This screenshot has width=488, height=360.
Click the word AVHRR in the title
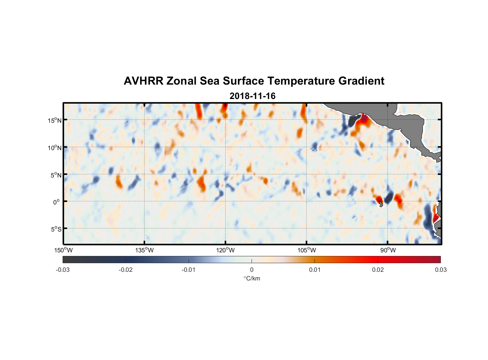click(x=143, y=81)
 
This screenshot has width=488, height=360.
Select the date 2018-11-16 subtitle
click(x=252, y=96)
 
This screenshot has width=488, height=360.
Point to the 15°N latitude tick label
click(x=55, y=120)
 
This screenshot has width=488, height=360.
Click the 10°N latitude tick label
click(x=55, y=148)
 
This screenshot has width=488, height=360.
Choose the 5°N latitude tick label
click(x=56, y=175)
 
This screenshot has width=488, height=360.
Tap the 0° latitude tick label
click(x=57, y=202)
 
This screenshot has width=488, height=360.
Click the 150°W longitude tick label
click(x=63, y=250)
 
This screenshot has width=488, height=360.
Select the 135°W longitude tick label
click(x=144, y=250)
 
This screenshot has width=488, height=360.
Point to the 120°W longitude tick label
click(x=225, y=250)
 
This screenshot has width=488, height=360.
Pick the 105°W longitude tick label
click(x=307, y=250)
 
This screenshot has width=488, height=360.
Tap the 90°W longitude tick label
click(x=388, y=250)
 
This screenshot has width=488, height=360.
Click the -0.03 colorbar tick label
click(x=63, y=270)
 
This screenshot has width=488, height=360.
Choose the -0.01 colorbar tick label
click(x=189, y=270)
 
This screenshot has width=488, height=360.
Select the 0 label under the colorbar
click(x=252, y=270)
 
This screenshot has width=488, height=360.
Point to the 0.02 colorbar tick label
click(x=378, y=270)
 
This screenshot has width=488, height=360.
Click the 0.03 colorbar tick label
click(x=440, y=270)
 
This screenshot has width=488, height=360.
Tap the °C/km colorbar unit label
click(x=252, y=278)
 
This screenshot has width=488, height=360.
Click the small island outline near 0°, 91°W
click(x=381, y=204)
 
